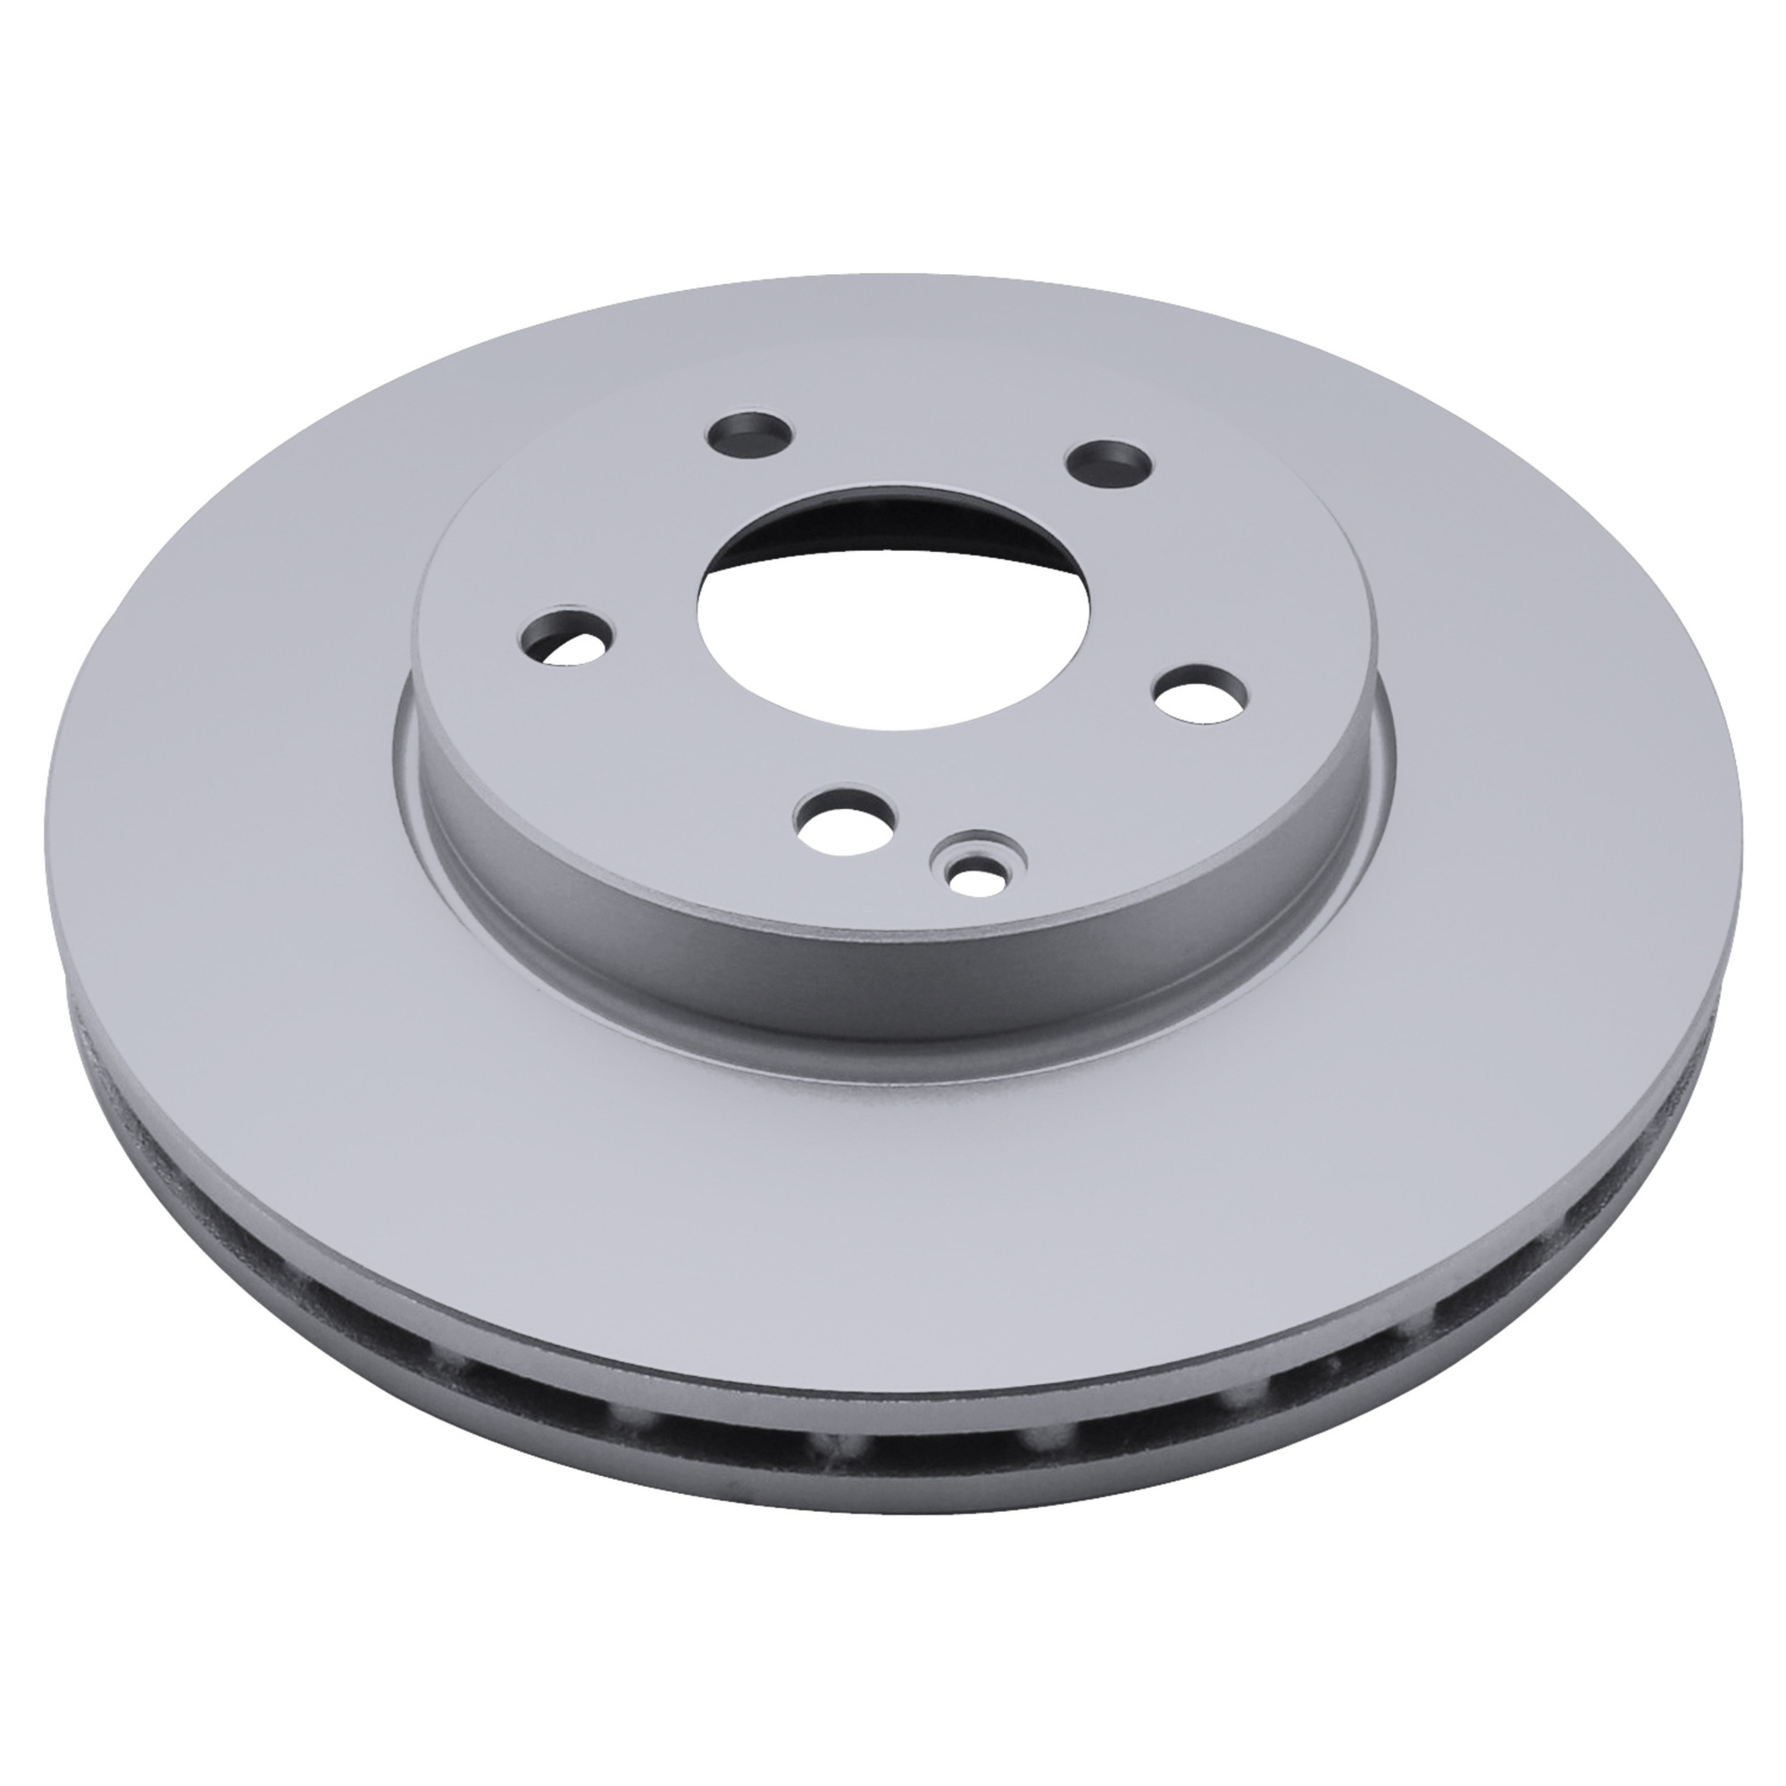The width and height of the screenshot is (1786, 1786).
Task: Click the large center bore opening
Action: pyautogui.click(x=893, y=610)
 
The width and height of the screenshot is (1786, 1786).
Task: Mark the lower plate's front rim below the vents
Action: pyautogui.click(x=888, y=1479)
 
